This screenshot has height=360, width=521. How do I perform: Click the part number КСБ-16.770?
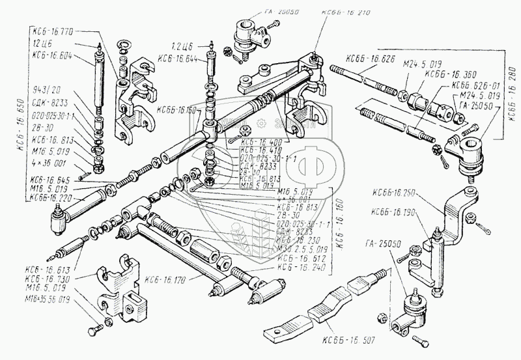(x=53, y=31)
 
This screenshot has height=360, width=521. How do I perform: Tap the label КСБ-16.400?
(x=260, y=141)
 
